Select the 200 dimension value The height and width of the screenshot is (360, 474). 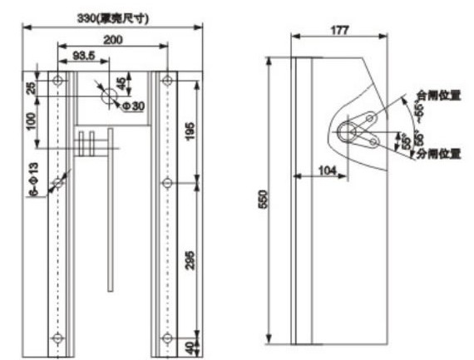113,39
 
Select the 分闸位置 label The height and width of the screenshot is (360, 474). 437,154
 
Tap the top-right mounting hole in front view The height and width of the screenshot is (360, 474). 167,81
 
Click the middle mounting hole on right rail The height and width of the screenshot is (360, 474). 167,182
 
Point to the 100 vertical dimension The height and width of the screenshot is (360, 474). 31,121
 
